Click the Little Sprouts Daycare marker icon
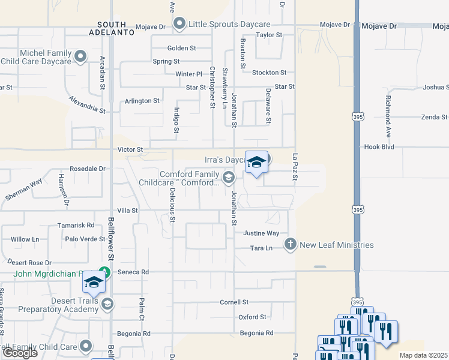pyautogui.click(x=179, y=24)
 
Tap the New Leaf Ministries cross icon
pyautogui.click(x=291, y=244)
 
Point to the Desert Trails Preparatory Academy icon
pyautogui.click(x=107, y=304)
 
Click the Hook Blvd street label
pyautogui.click(x=379, y=146)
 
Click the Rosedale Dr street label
pyautogui.click(x=87, y=169)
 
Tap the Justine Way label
pyautogui.click(x=261, y=233)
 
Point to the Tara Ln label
pyautogui.click(x=262, y=248)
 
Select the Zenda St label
pyautogui.click(x=434, y=117)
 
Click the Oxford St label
pyautogui.click(x=252, y=317)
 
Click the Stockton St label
pyautogui.click(x=265, y=73)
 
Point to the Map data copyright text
pyautogui.click(x=423, y=355)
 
